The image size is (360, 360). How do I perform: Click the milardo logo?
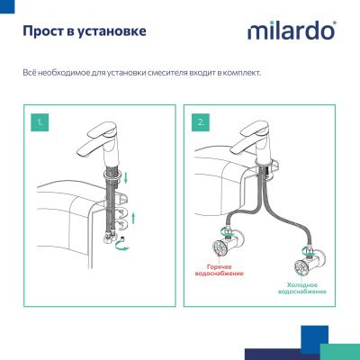pyautogui.click(x=291, y=31)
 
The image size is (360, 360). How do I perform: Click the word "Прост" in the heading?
pyautogui.click(x=40, y=33)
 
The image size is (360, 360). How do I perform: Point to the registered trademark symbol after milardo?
pyautogui.click(x=336, y=24)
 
